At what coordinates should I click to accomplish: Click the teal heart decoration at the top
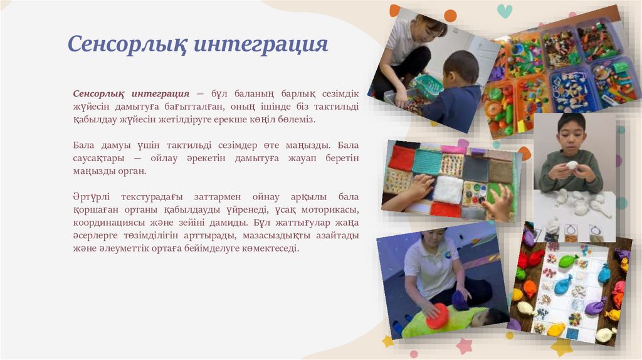pyautogui.click(x=504, y=11)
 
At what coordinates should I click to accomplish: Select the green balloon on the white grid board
pyautogui.click(x=567, y=260)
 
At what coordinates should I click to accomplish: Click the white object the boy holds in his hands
pyautogui.click(x=572, y=166)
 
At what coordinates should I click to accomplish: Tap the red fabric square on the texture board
pyautogui.click(x=401, y=158)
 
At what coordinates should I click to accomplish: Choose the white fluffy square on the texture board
pyautogui.click(x=448, y=188)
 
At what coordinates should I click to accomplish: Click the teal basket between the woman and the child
pyautogui.click(x=428, y=87)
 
